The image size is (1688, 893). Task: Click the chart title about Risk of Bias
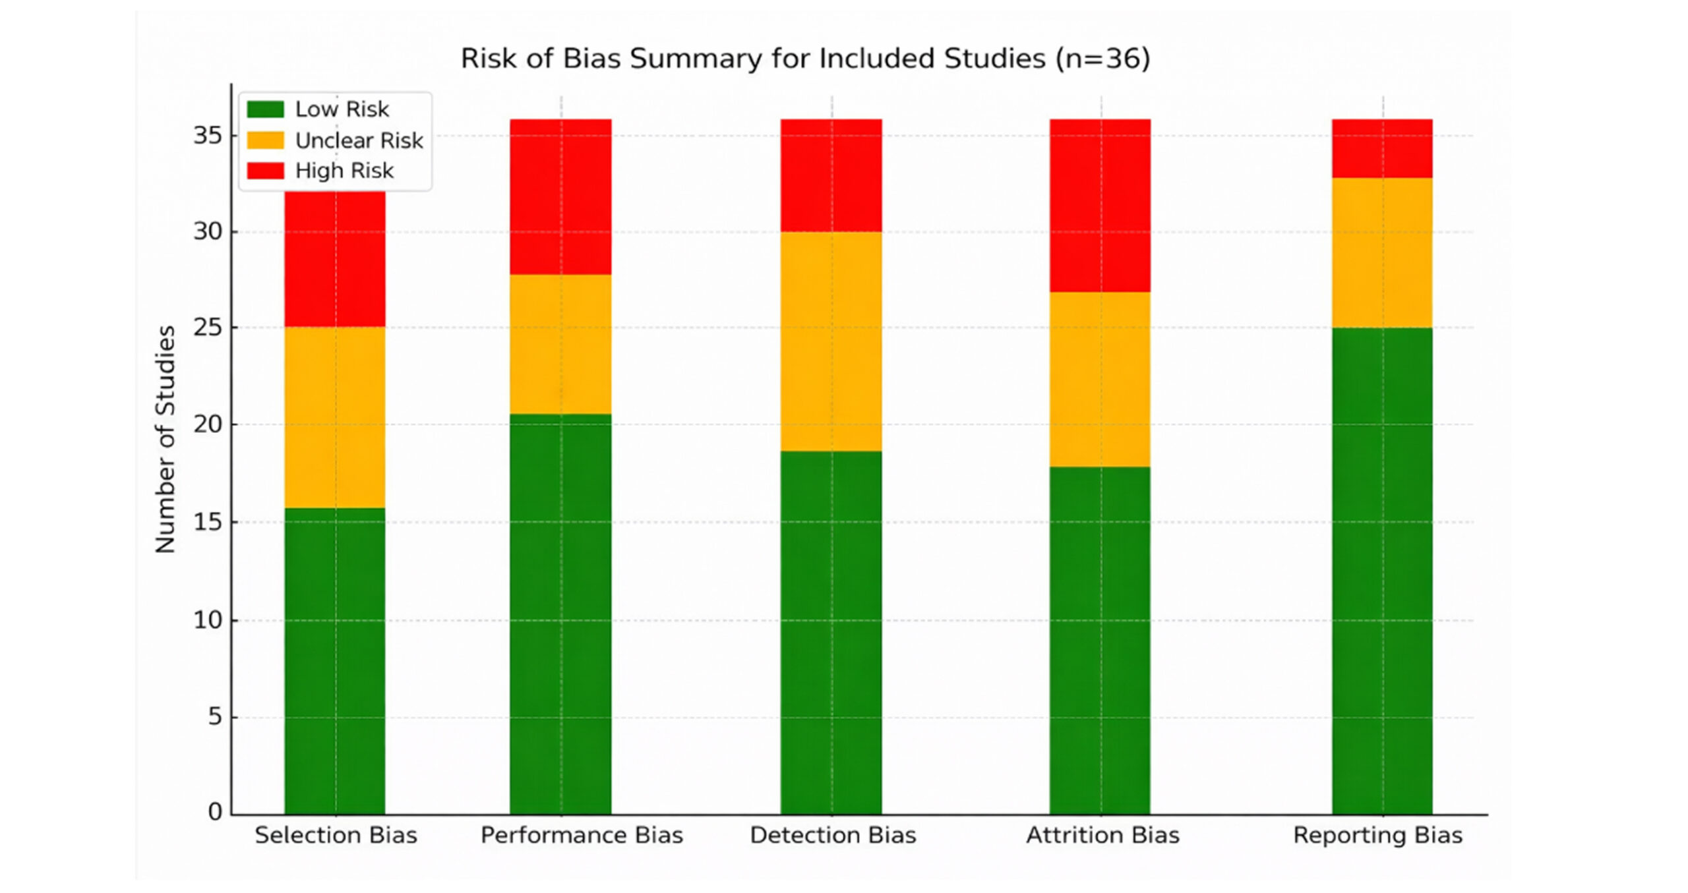pos(805,59)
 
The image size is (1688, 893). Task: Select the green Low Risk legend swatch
pos(265,109)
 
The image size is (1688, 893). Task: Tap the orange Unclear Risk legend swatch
pos(265,140)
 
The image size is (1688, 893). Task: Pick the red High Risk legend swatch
pos(265,171)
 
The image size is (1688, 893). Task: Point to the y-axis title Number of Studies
pos(166,439)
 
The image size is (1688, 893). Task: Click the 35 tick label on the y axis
pos(207,136)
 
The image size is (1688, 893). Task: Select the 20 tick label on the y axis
pos(207,424)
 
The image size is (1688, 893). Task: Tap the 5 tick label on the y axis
pos(215,717)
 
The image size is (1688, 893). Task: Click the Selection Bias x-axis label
pos(336,836)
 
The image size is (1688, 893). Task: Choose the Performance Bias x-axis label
pos(582,836)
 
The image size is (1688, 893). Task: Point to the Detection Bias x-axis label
pos(833,836)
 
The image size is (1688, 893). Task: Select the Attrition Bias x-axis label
pos(1102,836)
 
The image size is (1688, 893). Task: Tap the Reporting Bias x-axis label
pos(1377,836)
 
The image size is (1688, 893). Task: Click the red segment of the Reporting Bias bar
pos(1382,149)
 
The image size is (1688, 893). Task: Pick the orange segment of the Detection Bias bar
pos(831,341)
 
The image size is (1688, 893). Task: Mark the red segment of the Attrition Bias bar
pos(1100,206)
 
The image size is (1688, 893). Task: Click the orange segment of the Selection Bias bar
pos(335,418)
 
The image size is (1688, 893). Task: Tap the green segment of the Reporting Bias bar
pos(1382,571)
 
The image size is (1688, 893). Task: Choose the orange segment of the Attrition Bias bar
pos(1100,380)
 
